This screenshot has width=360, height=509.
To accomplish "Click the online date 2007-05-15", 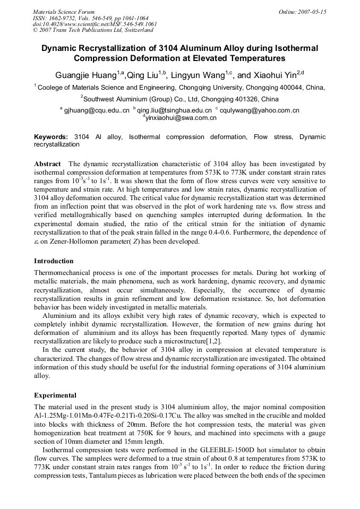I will point(312,11).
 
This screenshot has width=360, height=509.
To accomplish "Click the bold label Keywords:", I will point(51,137).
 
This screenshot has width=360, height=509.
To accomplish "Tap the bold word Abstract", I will point(47,165).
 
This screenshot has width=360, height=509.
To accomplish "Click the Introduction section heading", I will point(54,261).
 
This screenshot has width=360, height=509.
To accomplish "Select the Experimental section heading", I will point(55,395).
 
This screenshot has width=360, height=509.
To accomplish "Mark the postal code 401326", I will point(232,99).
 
